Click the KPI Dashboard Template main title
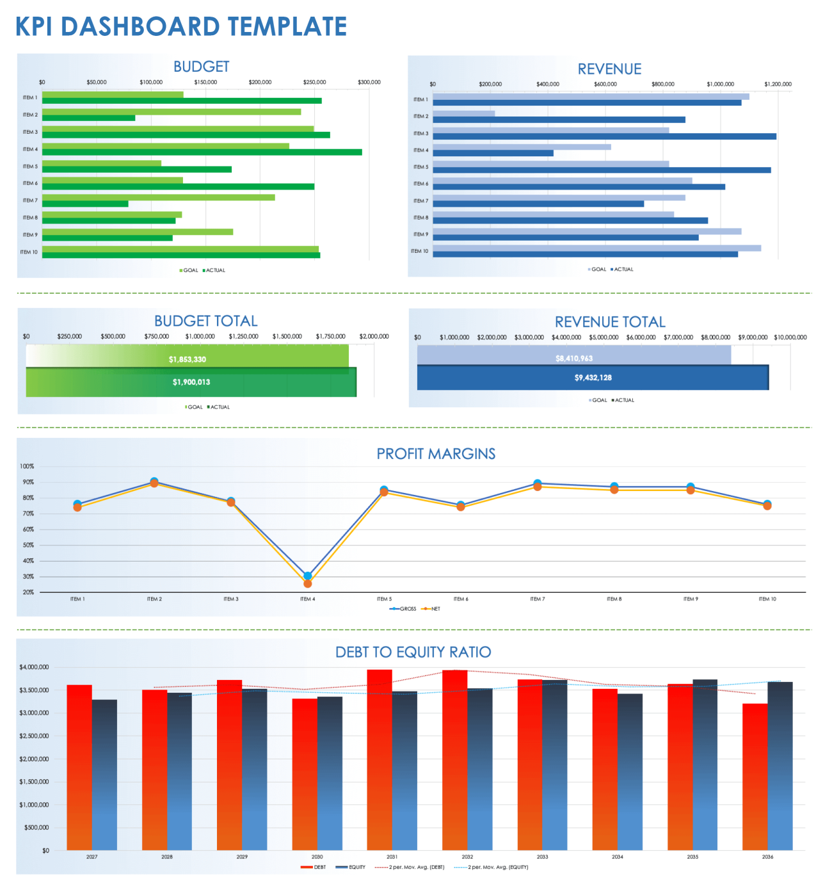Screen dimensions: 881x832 (180, 27)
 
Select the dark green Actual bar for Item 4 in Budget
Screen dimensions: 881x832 (202, 152)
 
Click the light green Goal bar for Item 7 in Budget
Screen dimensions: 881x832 (158, 197)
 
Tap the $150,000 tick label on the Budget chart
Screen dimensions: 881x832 (205, 82)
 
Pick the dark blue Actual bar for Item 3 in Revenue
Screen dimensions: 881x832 (604, 136)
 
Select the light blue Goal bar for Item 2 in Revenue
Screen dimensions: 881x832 (463, 114)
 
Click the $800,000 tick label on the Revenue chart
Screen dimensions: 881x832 (662, 84)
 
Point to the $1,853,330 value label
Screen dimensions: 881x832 (188, 359)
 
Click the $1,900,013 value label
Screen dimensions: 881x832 (191, 382)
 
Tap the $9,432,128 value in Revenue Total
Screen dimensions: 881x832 (593, 378)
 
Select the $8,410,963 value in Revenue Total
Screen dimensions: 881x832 (574, 359)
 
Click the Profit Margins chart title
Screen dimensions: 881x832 (436, 454)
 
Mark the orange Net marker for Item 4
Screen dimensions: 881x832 (308, 584)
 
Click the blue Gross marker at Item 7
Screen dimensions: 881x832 (538, 483)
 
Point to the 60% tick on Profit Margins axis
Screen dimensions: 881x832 (28, 529)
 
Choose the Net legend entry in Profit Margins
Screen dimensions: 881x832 (432, 609)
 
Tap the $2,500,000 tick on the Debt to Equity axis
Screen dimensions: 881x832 (34, 736)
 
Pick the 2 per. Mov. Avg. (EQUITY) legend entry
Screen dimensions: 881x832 (492, 867)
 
